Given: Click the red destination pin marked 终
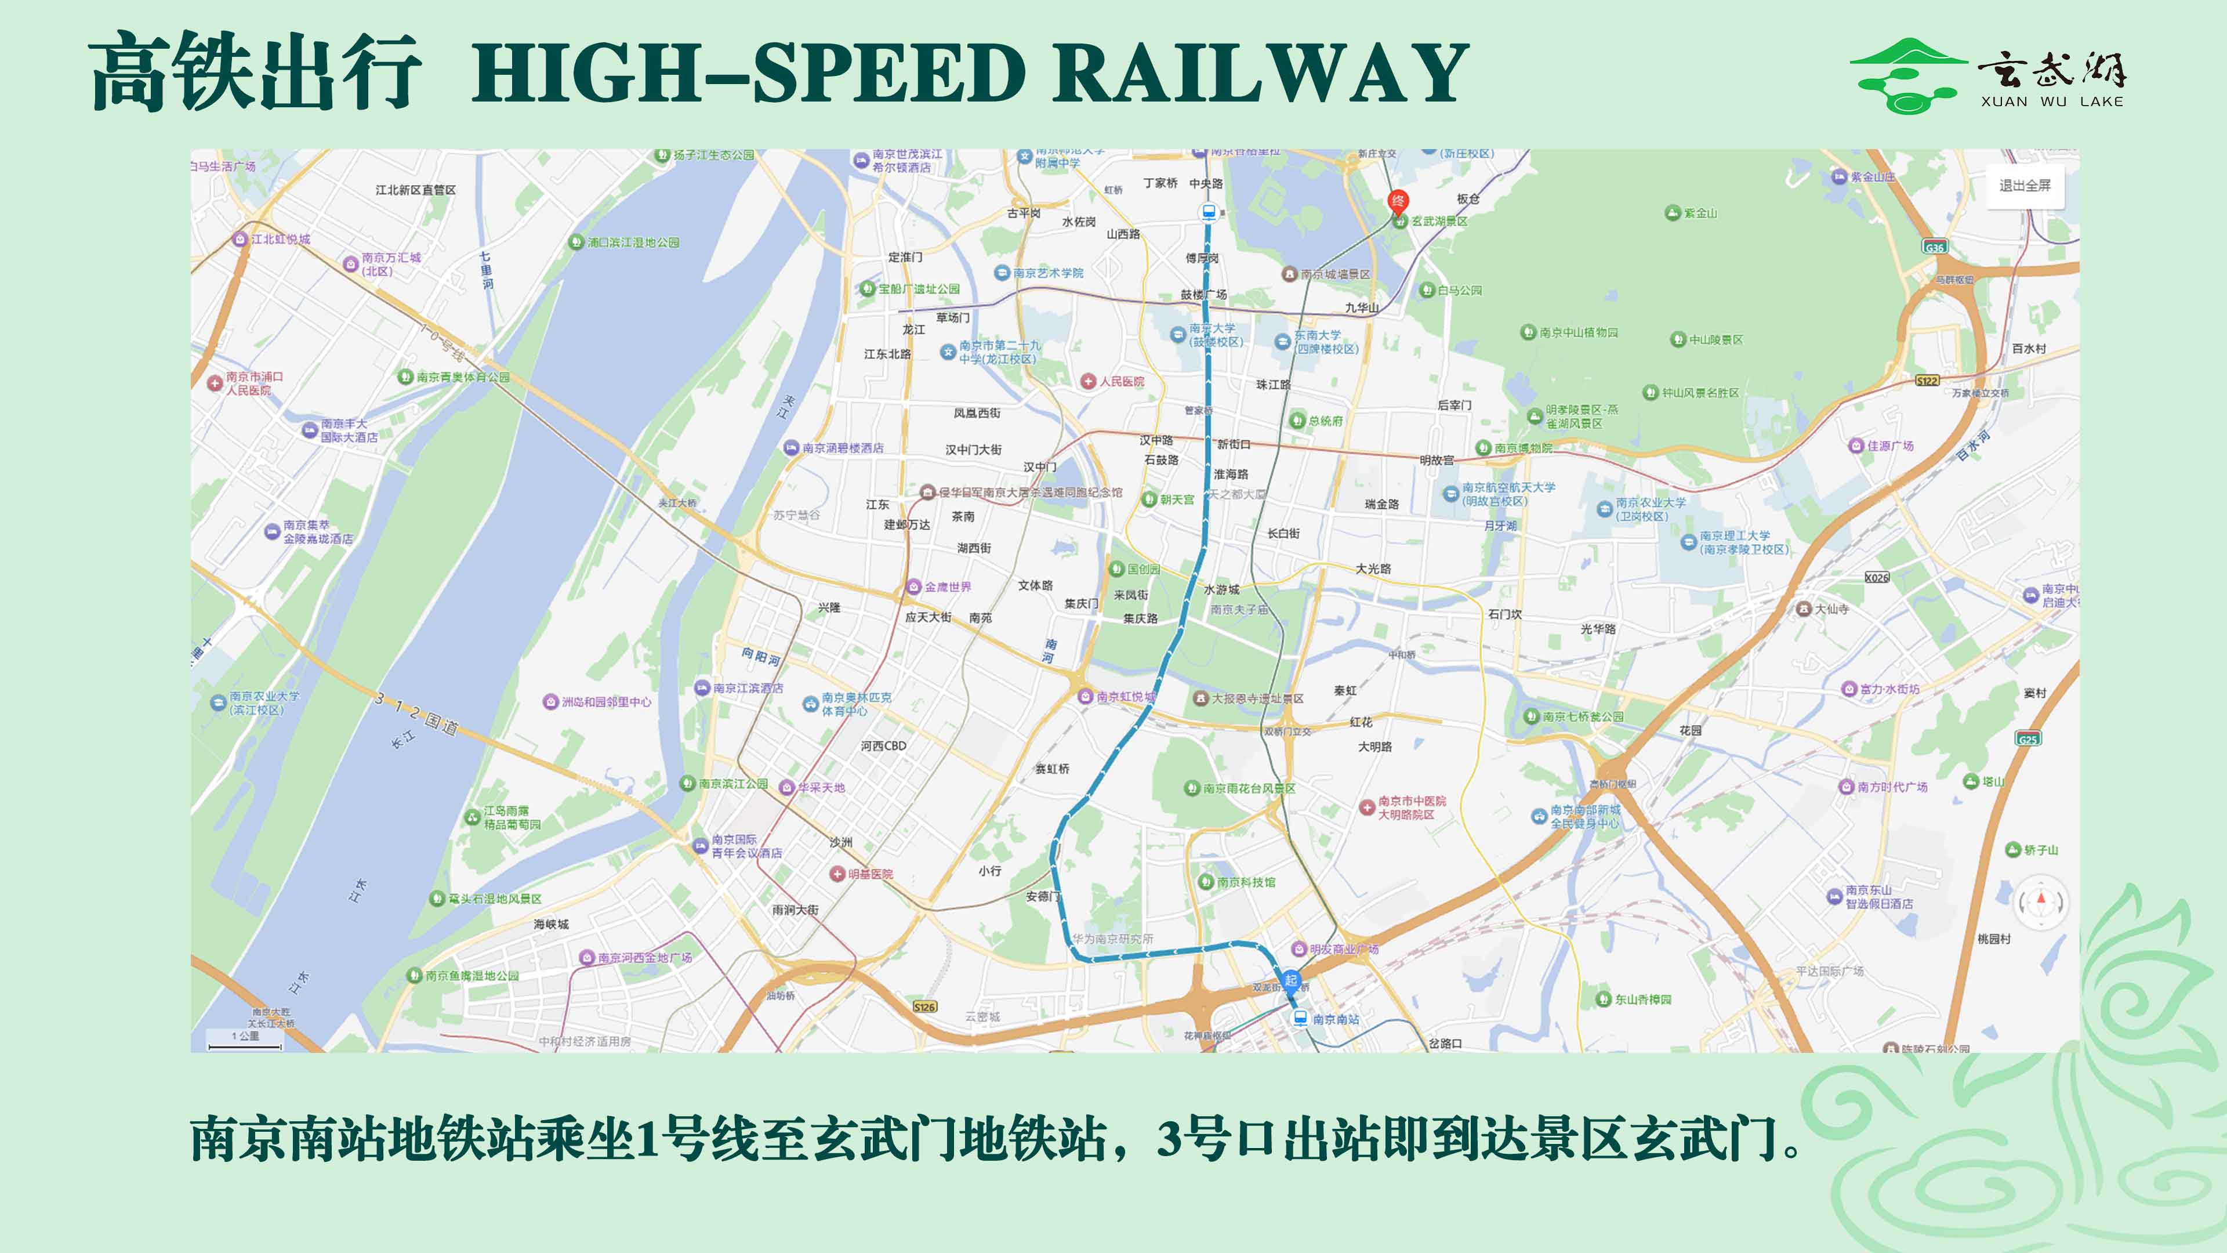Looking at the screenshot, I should pos(1398,201).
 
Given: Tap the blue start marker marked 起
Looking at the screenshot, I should pos(1291,980).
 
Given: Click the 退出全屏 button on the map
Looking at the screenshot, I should pos(2024,186).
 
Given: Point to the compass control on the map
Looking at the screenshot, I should pos(2041,902).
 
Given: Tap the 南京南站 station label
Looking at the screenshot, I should pos(1336,1020).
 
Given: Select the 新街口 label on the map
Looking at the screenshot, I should pos(1234,444).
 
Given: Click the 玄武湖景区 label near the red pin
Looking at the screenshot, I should pos(1439,222).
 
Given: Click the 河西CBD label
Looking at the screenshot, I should pos(883,745).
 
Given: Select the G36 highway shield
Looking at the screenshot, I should pos(1935,247).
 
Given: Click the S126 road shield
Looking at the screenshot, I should pos(925,1006).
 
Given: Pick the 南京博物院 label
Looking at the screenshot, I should pos(1524,448).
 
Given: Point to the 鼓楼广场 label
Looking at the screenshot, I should pos(1203,294).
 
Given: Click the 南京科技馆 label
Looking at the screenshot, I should pos(1246,882).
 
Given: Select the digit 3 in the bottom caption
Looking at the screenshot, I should pos(1169,1138).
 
